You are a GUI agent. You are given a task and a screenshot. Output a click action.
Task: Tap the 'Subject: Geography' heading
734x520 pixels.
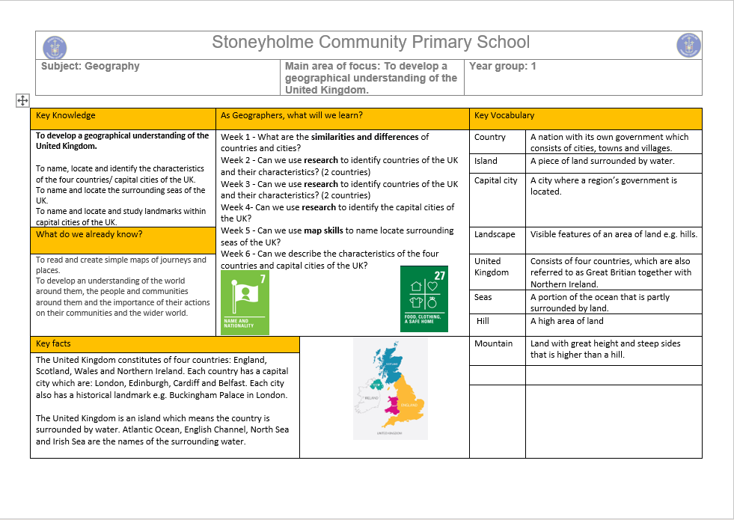[91, 66]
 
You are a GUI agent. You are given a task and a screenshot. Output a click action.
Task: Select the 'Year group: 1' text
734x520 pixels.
[502, 66]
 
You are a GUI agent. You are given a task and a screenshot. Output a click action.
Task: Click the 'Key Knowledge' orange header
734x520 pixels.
[66, 115]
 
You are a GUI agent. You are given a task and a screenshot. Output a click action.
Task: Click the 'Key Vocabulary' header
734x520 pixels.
[504, 115]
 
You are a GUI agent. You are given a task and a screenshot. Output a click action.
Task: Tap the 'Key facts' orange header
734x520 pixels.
[53, 343]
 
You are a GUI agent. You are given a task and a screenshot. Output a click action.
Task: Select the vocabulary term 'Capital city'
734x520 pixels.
[495, 180]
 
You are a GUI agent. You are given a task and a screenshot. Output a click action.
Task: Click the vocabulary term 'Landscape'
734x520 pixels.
[495, 234]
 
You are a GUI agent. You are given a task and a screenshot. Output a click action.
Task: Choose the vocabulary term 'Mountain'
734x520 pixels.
[493, 343]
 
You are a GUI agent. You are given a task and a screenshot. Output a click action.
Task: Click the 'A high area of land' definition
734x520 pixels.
[566, 321]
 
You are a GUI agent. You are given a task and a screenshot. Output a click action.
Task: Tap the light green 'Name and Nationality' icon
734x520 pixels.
[245, 302]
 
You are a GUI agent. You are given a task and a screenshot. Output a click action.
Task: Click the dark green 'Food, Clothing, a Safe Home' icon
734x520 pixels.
[423, 298]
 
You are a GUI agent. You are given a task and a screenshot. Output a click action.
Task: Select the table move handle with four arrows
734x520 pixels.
[22, 100]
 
